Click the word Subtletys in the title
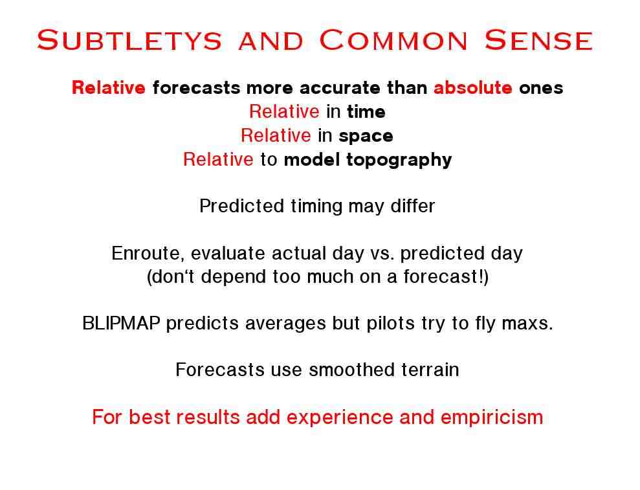(129, 40)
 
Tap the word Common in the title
(393, 40)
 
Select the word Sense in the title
(539, 40)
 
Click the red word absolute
(472, 88)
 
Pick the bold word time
(366, 112)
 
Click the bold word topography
(399, 160)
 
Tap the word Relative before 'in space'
(276, 135)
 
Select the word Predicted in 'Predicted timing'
(241, 206)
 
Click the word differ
(413, 206)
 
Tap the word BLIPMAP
(121, 324)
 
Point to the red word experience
(340, 418)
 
